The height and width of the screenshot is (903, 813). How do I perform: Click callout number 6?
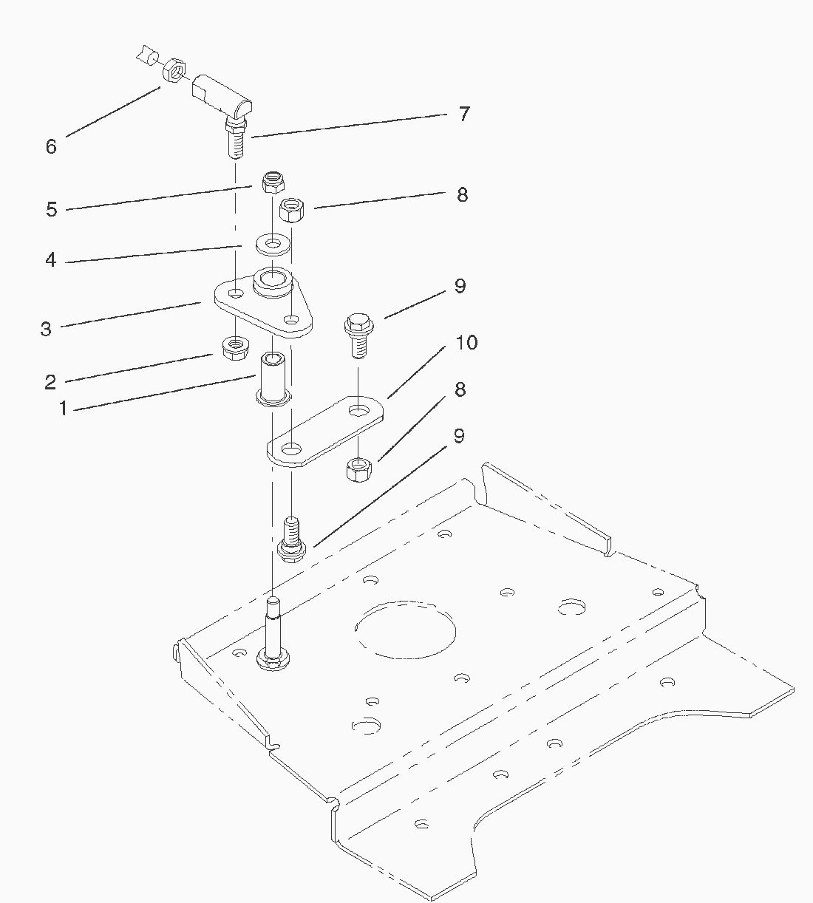pos(50,146)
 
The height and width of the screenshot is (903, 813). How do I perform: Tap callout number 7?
pos(463,115)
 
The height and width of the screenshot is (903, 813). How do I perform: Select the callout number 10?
pos(466,343)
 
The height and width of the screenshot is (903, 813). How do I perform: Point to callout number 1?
pos(63,408)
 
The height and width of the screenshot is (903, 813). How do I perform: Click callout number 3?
pos(46,329)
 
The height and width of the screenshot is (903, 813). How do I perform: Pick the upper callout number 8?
pos(462,195)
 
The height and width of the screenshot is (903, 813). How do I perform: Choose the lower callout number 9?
pos(459,436)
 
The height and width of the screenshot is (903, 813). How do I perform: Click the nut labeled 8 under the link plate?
pos(361,469)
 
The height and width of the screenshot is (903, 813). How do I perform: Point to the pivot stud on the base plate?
pos(272,632)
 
